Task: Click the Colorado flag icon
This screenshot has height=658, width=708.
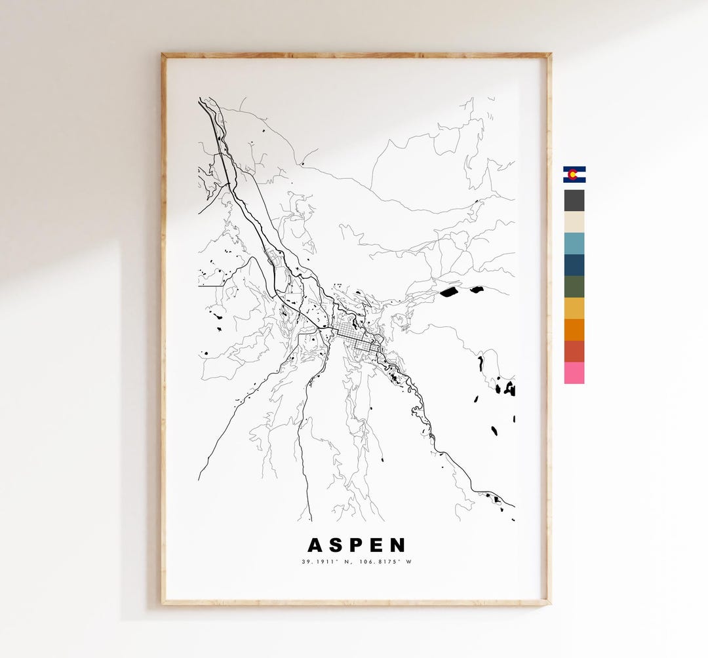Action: [x=574, y=174]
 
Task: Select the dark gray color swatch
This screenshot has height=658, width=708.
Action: [x=574, y=201]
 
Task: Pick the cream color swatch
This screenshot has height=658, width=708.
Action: [x=574, y=222]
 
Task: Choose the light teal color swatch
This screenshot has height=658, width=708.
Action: [x=574, y=244]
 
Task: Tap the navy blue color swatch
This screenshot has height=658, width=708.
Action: [x=574, y=265]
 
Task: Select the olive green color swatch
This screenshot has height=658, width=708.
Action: [x=574, y=287]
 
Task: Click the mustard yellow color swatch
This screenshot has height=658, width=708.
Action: [x=574, y=308]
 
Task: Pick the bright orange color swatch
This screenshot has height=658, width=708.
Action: [x=574, y=330]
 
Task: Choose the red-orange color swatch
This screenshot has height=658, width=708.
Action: [x=574, y=351]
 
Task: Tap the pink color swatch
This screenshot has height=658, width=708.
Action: [x=574, y=373]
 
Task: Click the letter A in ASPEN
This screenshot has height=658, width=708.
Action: [x=315, y=545]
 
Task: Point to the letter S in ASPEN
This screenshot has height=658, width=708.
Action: [x=336, y=545]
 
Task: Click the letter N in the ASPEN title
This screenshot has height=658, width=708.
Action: [x=397, y=545]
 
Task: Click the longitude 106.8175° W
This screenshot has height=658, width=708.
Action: [x=385, y=562]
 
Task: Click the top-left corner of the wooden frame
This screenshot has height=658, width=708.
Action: [x=163, y=55]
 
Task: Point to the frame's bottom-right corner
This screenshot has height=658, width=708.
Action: [x=549, y=602]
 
